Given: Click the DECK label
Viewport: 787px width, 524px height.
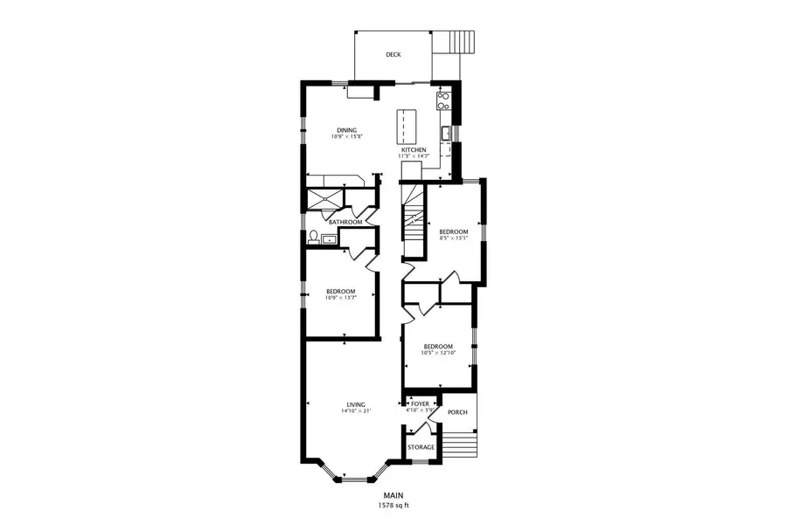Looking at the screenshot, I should pyautogui.click(x=393, y=55).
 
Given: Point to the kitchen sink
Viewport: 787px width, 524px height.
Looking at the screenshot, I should pyautogui.click(x=445, y=133).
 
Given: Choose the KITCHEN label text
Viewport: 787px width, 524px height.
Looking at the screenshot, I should pyautogui.click(x=414, y=150).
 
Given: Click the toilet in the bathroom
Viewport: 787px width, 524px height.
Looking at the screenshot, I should pyautogui.click(x=313, y=237).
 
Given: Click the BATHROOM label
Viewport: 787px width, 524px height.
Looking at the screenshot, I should pyautogui.click(x=345, y=222).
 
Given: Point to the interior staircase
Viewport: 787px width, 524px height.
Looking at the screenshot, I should pyautogui.click(x=413, y=223).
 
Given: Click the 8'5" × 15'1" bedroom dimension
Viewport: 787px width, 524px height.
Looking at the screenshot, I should pyautogui.click(x=454, y=238).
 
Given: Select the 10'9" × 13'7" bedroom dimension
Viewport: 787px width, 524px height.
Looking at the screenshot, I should pyautogui.click(x=340, y=298).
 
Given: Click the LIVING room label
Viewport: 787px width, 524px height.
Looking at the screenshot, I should pyautogui.click(x=355, y=404).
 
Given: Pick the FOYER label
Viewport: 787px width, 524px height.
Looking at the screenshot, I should pyautogui.click(x=421, y=404).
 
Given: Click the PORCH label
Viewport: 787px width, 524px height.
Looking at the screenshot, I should pyautogui.click(x=456, y=412).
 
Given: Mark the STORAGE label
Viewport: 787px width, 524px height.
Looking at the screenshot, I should pyautogui.click(x=421, y=447).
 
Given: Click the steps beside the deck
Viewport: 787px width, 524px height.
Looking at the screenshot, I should pyautogui.click(x=462, y=42).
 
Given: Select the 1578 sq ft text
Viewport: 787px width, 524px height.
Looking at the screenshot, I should pyautogui.click(x=393, y=505).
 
